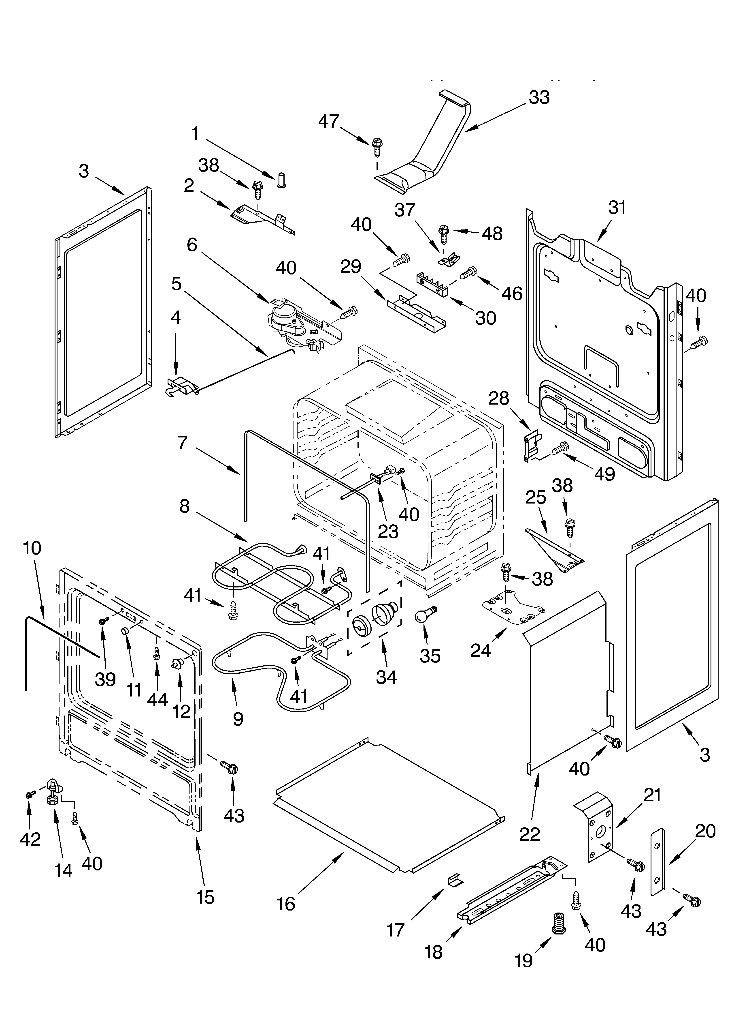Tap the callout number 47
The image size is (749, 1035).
point(328,121)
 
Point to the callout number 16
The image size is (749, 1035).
point(286,904)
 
